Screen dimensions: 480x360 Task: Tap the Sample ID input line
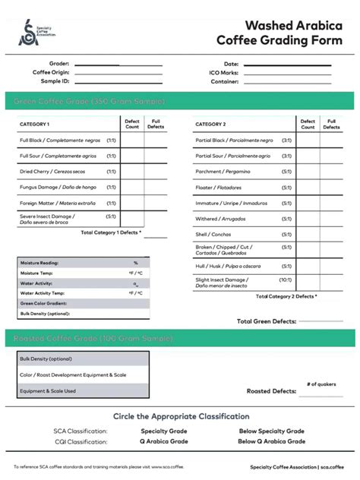118,81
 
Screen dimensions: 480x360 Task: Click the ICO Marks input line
287,73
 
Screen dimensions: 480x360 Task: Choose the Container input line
287,82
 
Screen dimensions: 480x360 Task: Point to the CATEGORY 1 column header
35,124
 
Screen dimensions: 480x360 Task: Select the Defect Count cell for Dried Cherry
132,172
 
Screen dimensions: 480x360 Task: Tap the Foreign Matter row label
58,203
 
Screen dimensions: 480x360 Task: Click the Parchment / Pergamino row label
223,172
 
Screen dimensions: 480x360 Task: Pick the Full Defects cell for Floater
331,188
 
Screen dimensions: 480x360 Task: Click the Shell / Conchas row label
213,235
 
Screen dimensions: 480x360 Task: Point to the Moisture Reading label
39,263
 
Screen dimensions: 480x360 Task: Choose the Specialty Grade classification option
164,431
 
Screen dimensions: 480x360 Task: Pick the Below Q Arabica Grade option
271,441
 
